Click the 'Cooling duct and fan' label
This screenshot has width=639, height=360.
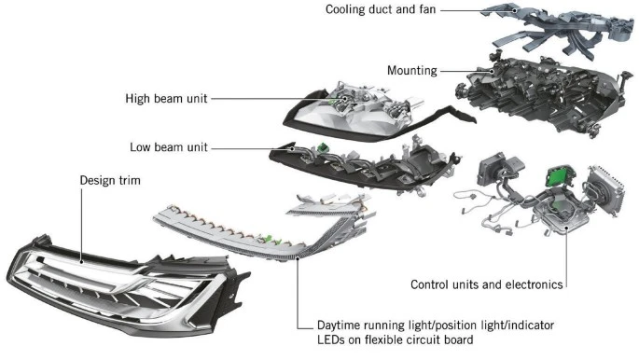[x=381, y=9]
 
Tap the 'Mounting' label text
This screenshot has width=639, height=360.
[x=412, y=71]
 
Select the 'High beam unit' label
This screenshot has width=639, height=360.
[x=166, y=99]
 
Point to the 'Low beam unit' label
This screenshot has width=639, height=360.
[x=169, y=147]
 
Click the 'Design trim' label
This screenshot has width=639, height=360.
[x=110, y=180]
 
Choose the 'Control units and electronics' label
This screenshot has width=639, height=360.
[x=487, y=284]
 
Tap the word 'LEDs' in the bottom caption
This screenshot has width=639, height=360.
[x=330, y=339]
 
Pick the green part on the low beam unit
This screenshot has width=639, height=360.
[x=323, y=147]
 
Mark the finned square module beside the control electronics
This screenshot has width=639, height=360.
[x=606, y=189]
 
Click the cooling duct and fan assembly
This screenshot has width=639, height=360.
[x=559, y=29]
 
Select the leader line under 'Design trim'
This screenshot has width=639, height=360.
[x=81, y=226]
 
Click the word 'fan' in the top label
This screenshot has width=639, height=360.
[x=426, y=9]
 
